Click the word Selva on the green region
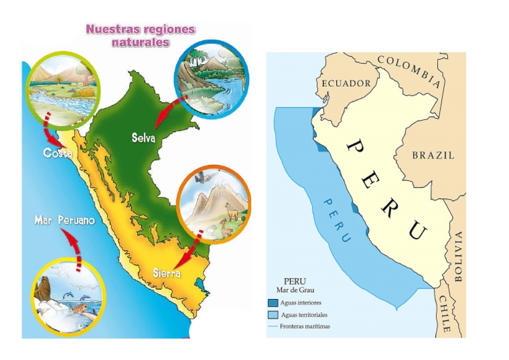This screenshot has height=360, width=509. pyautogui.click(x=143, y=139)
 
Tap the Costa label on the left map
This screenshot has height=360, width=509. pyautogui.click(x=58, y=153)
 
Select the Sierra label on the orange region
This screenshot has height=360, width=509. pyautogui.click(x=166, y=272)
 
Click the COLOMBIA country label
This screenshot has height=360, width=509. pyautogui.click(x=409, y=70)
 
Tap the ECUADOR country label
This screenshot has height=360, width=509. pyautogui.click(x=346, y=84)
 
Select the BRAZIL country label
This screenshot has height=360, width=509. pyautogui.click(x=433, y=155)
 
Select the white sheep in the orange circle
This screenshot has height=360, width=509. pyautogui.click(x=211, y=231)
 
